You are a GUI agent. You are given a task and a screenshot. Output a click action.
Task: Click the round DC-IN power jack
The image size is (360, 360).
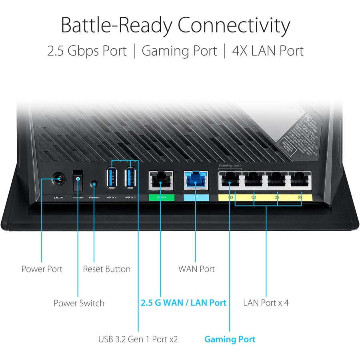59,179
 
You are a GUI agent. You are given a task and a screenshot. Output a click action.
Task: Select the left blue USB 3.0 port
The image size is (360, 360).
112,178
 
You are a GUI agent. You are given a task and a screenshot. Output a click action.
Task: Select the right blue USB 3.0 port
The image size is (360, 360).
130,178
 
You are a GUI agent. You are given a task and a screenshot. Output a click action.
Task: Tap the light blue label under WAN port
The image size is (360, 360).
196,197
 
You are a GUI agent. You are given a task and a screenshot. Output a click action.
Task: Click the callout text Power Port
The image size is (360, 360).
42,269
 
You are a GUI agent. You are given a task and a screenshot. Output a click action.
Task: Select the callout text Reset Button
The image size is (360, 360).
106,269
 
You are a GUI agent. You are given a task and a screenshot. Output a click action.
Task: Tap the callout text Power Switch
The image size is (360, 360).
79,303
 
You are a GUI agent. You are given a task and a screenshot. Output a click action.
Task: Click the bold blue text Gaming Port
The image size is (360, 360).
230,339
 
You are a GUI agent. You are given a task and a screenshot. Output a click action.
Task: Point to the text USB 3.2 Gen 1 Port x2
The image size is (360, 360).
138,339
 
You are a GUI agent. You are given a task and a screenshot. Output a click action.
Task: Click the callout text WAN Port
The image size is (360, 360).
196,269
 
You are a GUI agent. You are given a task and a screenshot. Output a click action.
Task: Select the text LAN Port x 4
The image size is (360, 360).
266,302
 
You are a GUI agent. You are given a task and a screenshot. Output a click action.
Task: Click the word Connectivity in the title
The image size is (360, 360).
234,25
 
